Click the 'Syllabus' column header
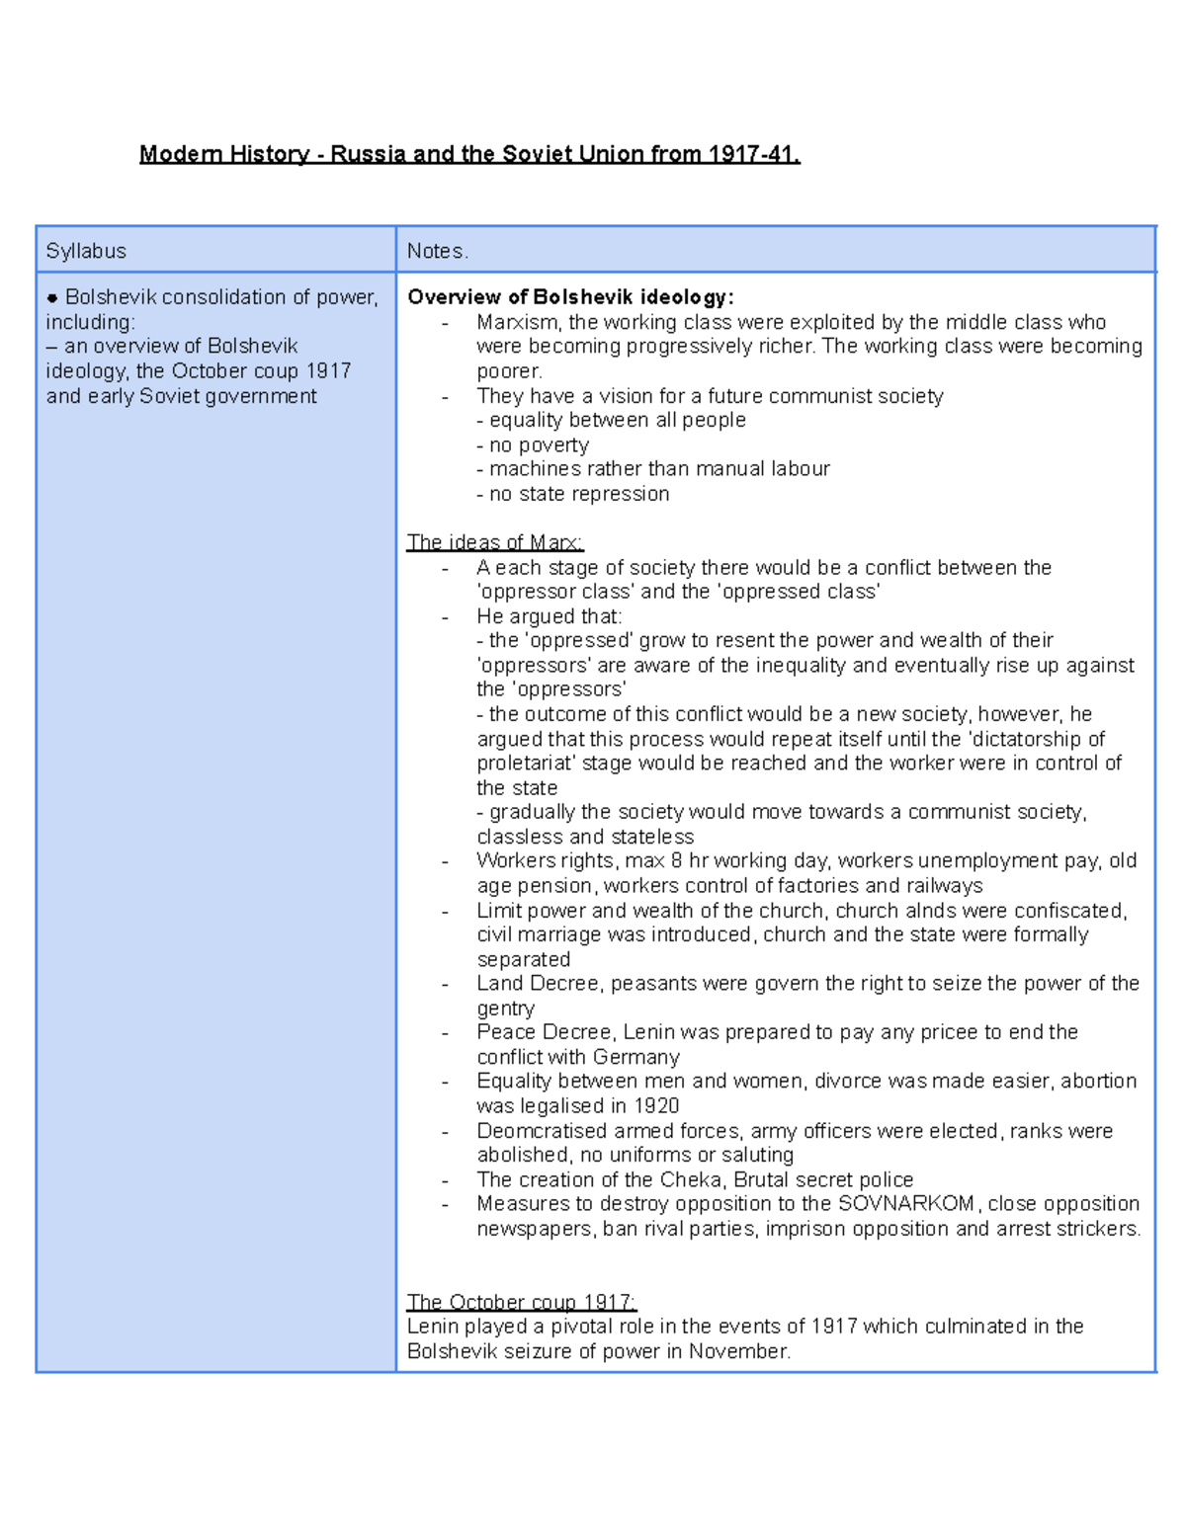pyautogui.click(x=86, y=251)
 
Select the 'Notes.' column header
pyautogui.click(x=437, y=251)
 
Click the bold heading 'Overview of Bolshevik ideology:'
pyautogui.click(x=570, y=297)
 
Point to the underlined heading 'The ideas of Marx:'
pyautogui.click(x=495, y=542)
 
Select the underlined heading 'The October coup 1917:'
pyautogui.click(x=521, y=1302)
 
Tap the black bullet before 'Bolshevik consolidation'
pyautogui.click(x=52, y=298)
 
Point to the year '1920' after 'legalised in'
pyautogui.click(x=655, y=1105)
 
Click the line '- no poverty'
pyautogui.click(x=533, y=444)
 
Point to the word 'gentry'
pyautogui.click(x=506, y=1009)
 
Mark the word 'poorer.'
pyautogui.click(x=510, y=371)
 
